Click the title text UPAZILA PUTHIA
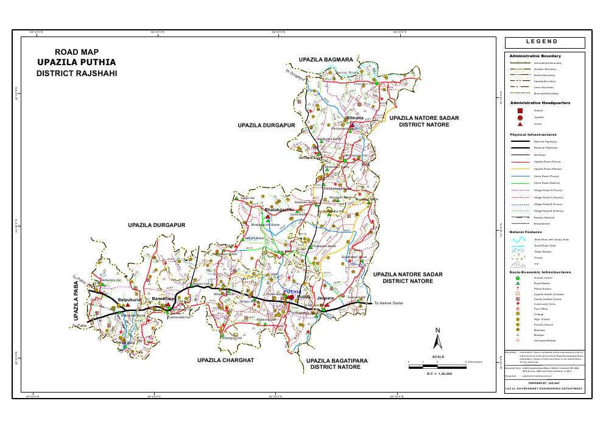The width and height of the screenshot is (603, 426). coord(76,62)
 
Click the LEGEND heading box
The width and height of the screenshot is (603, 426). coord(545,43)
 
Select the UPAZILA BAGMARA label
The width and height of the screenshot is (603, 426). coord(326,60)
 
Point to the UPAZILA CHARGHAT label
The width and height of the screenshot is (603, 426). coord(225,360)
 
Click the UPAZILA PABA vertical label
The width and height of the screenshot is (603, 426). coord(77,300)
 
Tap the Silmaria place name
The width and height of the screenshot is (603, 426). coord(354,117)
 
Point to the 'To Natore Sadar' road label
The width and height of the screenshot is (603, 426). coord(389,303)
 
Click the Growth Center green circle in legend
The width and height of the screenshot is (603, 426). coord(518,278)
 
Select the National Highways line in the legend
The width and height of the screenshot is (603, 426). coord(518,141)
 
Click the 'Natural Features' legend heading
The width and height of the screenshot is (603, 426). coord(526,232)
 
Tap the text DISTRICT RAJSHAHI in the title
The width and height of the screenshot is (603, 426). coord(76,73)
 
